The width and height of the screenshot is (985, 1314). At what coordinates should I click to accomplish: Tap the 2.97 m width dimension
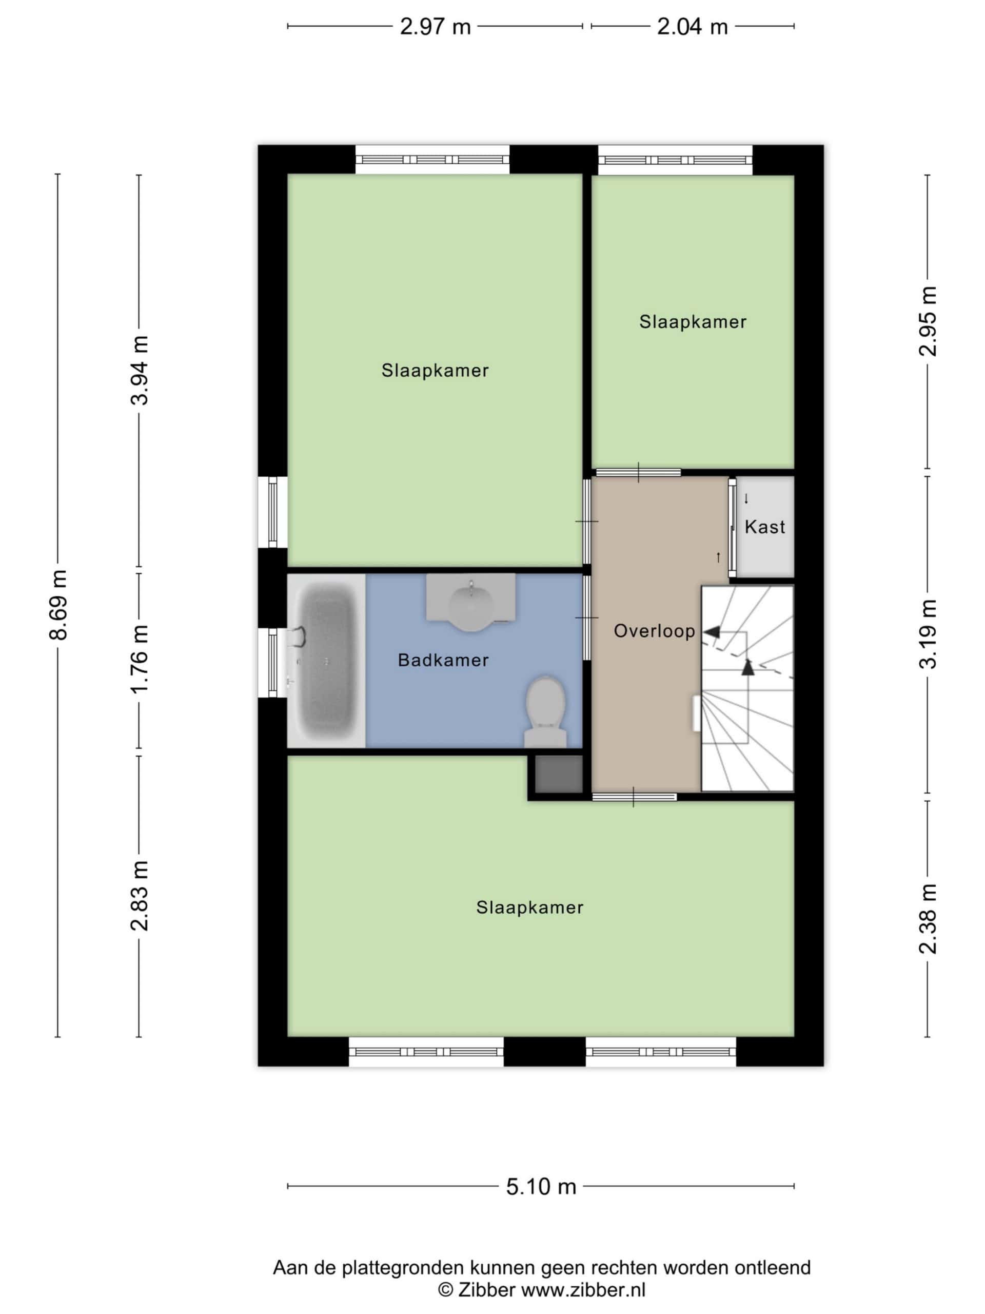click(435, 27)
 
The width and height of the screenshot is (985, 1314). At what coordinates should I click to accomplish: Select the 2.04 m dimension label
click(692, 27)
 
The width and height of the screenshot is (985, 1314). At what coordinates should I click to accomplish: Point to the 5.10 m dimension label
click(541, 1186)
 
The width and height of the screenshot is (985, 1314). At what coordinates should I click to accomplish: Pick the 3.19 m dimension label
click(928, 634)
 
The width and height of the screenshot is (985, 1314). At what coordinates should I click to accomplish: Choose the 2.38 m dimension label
click(928, 919)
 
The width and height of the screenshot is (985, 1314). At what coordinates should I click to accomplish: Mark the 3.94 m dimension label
click(140, 371)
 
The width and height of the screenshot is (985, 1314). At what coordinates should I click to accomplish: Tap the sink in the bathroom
click(471, 602)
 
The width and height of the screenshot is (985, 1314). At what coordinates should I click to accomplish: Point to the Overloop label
click(654, 631)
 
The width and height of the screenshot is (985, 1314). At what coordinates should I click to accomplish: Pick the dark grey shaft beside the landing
click(559, 774)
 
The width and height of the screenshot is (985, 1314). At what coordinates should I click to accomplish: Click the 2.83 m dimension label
click(140, 895)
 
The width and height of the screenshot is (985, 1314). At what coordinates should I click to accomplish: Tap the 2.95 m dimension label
click(928, 321)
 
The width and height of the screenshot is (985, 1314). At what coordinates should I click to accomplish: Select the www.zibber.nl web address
click(583, 1290)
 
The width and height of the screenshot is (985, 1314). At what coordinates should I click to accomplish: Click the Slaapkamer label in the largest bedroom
click(529, 907)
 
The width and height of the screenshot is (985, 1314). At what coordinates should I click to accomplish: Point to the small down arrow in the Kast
click(746, 499)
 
